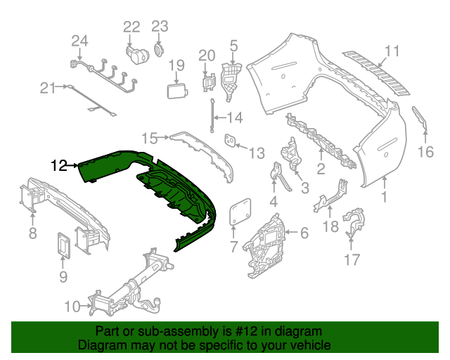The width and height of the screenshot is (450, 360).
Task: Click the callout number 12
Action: point(59,166)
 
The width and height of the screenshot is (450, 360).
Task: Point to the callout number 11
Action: point(392,51)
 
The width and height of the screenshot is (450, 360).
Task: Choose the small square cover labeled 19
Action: point(176,91)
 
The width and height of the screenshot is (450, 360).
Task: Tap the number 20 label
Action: point(206,55)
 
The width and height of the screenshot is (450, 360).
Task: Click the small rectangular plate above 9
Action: point(63,247)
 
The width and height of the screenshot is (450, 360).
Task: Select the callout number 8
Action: point(33,233)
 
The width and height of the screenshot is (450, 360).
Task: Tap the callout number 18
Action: point(330,226)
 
